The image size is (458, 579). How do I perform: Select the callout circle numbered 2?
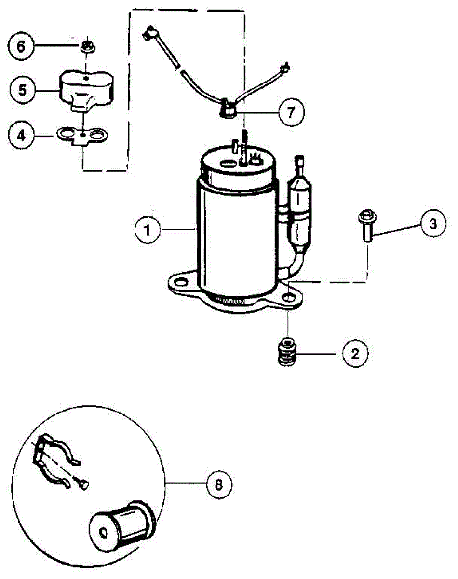tap(355, 354)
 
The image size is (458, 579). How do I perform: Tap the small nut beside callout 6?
tap(87, 47)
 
